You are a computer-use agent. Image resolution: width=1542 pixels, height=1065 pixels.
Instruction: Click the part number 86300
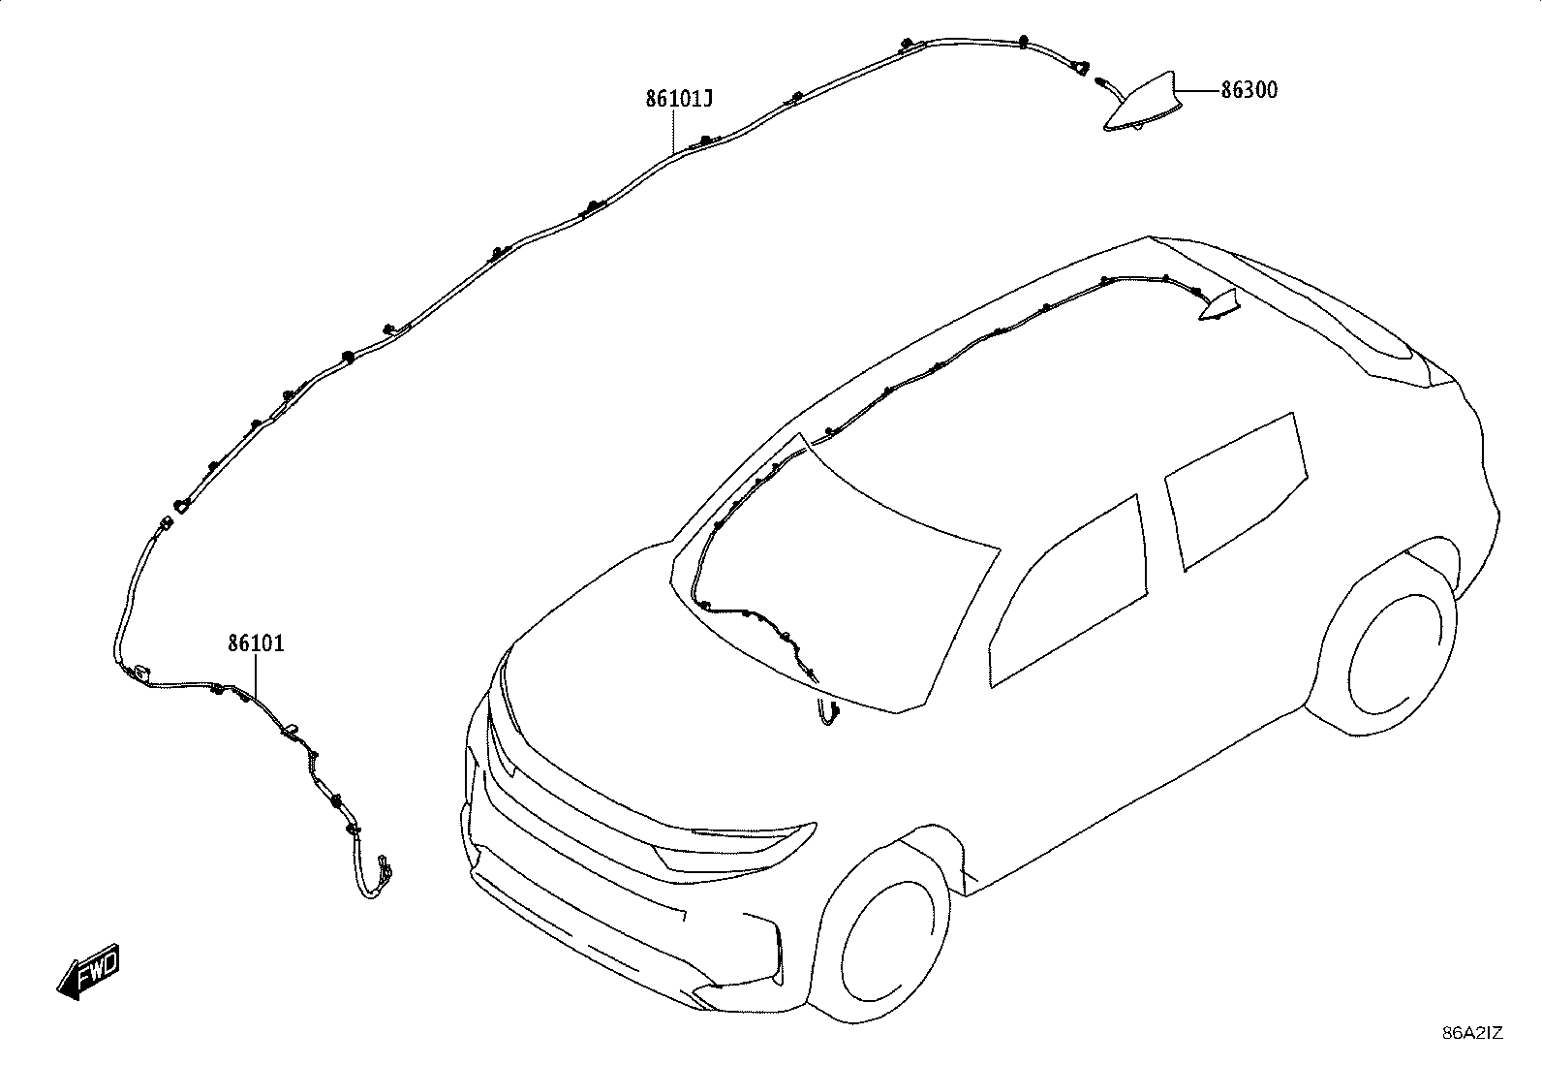point(1249,90)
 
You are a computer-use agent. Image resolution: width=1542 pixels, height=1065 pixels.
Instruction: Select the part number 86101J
point(678,99)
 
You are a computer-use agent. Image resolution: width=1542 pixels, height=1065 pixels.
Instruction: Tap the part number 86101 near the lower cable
point(256,643)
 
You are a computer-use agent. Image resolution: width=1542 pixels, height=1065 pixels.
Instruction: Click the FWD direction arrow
point(89,971)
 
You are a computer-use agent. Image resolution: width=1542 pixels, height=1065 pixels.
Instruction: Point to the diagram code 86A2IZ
point(1472,1033)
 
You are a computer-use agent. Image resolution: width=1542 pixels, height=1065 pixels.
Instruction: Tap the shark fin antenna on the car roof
point(1219,305)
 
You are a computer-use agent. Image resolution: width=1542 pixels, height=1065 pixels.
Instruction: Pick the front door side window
point(1068,592)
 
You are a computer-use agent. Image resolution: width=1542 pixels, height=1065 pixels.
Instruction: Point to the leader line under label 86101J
point(674,131)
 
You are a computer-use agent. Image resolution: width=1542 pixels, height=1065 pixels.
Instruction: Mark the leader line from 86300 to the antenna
point(1197,90)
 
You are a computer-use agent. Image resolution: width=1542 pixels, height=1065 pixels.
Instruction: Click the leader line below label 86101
point(256,675)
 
